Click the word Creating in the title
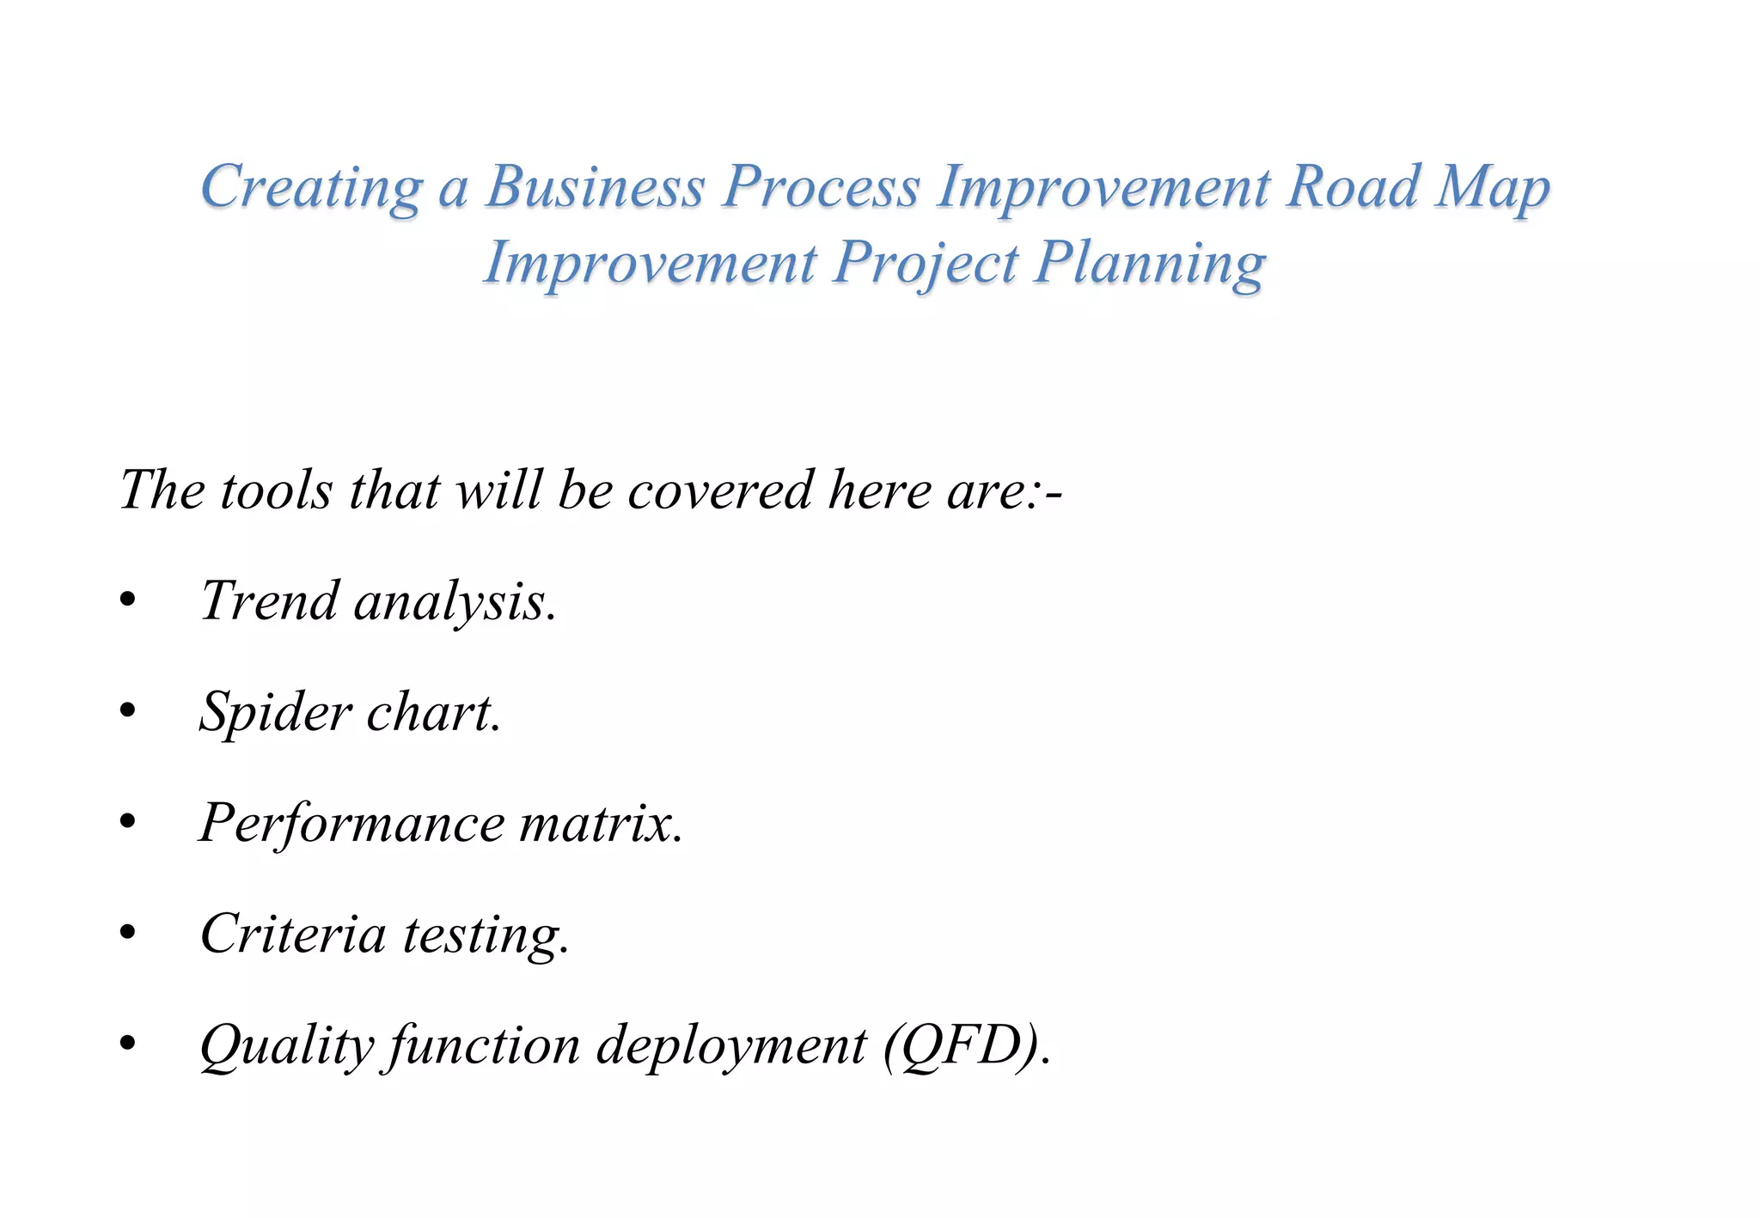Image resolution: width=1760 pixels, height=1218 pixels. [x=311, y=186]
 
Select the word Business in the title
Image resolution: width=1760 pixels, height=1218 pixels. [x=595, y=186]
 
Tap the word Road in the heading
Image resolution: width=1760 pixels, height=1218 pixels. [x=1352, y=186]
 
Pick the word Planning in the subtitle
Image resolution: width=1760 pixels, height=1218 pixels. [x=1150, y=263]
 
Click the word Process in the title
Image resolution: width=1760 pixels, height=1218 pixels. [x=821, y=186]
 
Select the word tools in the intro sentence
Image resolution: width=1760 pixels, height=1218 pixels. [x=276, y=490]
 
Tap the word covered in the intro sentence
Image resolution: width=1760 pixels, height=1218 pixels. [x=719, y=490]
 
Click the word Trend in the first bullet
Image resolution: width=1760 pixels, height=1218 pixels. [x=269, y=600]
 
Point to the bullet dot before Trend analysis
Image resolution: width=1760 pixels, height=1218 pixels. [x=128, y=601]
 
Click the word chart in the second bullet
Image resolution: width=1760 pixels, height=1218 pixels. [x=431, y=712]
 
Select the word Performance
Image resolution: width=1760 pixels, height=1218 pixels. [x=352, y=823]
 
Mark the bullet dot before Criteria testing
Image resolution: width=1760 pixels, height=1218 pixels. [x=128, y=934]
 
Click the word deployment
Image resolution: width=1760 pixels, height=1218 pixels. [x=731, y=1047]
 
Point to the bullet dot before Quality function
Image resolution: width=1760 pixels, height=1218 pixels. [x=128, y=1044]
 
